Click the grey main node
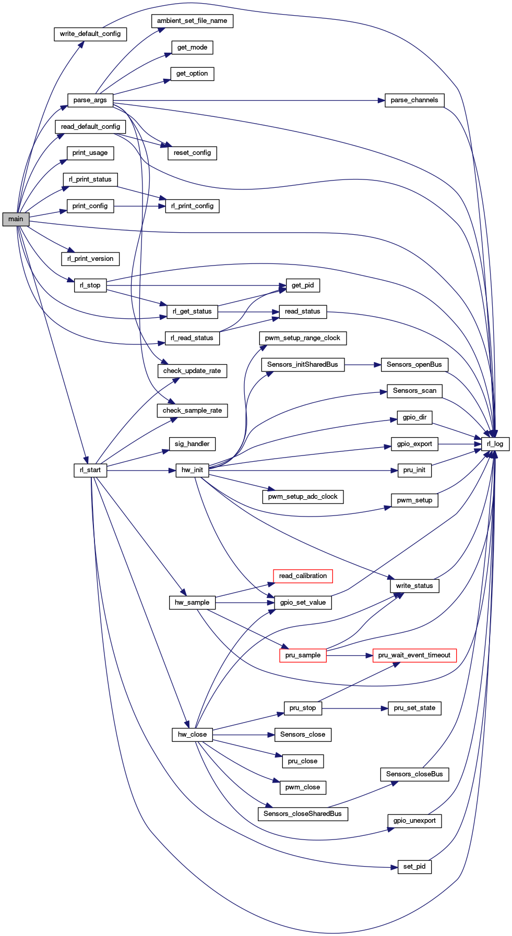[16, 219]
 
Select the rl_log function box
[495, 444]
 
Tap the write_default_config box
[90, 34]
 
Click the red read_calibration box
[303, 576]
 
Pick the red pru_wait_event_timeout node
[414, 655]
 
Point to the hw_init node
[192, 470]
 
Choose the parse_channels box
[414, 100]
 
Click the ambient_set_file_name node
[192, 21]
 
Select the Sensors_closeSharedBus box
[303, 814]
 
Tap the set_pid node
[414, 867]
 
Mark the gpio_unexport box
[414, 821]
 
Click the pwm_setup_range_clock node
[303, 338]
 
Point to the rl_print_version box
[90, 259]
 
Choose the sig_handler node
[192, 444]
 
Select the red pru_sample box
[303, 655]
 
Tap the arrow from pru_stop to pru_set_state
[355, 709]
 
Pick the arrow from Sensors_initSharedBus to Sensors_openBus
[363, 365]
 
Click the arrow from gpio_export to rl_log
[459, 444]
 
